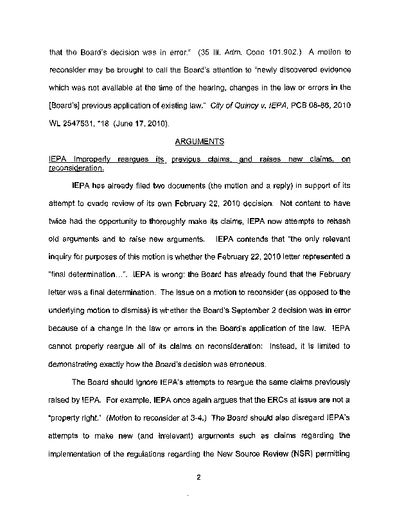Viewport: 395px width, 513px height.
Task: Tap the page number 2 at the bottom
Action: pyautogui.click(x=199, y=475)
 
